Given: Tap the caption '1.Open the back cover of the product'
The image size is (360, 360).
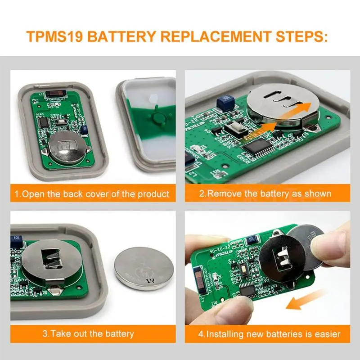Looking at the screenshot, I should click(92, 194).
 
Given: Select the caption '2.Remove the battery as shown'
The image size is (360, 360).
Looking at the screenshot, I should click(265, 194).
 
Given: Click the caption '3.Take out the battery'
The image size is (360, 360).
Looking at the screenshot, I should click(88, 333).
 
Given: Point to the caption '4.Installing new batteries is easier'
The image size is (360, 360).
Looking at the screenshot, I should click(270, 334).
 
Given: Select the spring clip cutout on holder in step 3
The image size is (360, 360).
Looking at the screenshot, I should click(50, 261).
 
